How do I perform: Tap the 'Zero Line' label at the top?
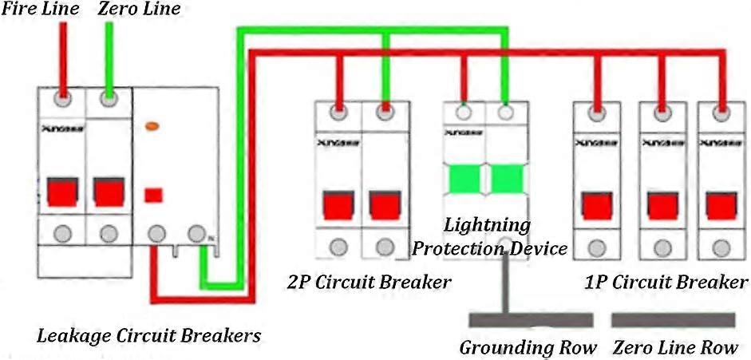click(140, 10)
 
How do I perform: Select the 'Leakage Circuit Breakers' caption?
click(149, 335)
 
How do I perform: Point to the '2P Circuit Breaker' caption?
click(369, 282)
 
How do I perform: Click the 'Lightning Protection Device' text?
click(488, 236)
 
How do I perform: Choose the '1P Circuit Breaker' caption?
click(664, 282)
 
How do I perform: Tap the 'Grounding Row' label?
click(528, 348)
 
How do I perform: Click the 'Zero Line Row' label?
click(676, 348)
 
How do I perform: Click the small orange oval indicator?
click(152, 126)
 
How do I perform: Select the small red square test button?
click(154, 195)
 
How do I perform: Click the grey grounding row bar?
click(530, 319)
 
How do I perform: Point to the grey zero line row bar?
click(673, 319)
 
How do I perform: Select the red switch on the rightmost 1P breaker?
click(720, 204)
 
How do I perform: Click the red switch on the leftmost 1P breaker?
click(596, 204)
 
